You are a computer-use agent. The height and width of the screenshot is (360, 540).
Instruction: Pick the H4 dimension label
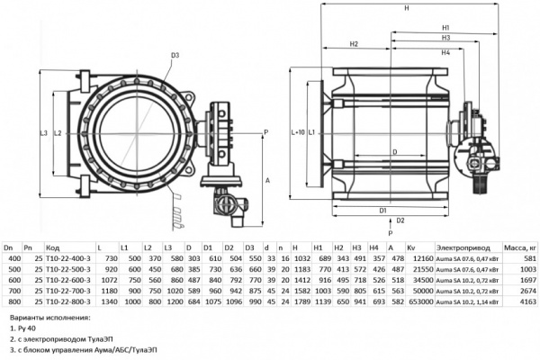coord(445,53)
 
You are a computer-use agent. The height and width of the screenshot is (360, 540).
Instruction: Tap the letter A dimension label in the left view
coord(268,180)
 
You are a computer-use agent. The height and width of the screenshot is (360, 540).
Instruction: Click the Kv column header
coord(412,247)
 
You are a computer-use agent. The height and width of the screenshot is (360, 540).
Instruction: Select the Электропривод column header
coord(461,247)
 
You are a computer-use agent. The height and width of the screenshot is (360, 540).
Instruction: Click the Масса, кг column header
coord(519,247)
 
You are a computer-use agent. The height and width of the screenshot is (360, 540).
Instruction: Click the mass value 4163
coord(526,303)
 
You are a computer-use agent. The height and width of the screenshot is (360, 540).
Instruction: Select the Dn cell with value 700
coord(13,292)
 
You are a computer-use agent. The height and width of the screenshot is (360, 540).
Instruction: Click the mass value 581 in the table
coord(528,257)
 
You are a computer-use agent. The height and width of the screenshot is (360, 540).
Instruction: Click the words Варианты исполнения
coord(44,319)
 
